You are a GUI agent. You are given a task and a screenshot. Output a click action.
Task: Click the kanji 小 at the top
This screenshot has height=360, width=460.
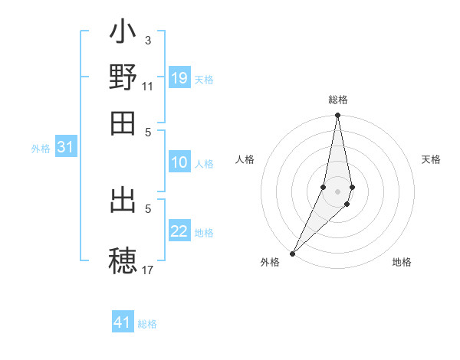pyautogui.click(x=123, y=34)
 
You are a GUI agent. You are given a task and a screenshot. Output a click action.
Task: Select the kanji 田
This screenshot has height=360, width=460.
pyautogui.click(x=123, y=122)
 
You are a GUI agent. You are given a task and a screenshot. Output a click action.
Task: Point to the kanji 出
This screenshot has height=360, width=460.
pyautogui.click(x=123, y=201)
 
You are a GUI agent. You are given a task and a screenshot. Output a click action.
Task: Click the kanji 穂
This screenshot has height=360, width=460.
pyautogui.click(x=123, y=259)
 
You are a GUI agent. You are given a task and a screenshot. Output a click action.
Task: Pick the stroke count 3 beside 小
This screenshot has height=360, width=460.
pyautogui.click(x=147, y=39)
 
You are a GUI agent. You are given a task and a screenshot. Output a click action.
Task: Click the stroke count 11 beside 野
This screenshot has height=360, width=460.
pyautogui.click(x=148, y=86)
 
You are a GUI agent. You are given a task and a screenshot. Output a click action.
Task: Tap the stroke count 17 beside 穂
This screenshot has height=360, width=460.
pyautogui.click(x=148, y=269)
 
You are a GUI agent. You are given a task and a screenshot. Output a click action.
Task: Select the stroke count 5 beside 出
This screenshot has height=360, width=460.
pyautogui.click(x=148, y=208)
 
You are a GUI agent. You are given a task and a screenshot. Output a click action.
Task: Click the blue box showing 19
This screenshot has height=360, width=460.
pyautogui.click(x=179, y=78)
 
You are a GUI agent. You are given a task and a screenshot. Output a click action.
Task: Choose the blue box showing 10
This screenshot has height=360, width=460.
pyautogui.click(x=179, y=162)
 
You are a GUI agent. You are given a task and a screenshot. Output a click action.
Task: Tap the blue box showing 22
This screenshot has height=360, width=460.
pyautogui.click(x=179, y=232)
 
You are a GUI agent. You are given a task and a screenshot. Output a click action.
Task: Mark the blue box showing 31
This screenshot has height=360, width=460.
pyautogui.click(x=65, y=148)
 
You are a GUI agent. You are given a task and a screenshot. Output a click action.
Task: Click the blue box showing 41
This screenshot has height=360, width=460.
pyautogui.click(x=123, y=322)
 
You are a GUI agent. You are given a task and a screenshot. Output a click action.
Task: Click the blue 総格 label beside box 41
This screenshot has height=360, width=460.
pyautogui.click(x=147, y=324)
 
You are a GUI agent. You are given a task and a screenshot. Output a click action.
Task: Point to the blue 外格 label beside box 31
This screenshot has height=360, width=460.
pyautogui.click(x=41, y=149)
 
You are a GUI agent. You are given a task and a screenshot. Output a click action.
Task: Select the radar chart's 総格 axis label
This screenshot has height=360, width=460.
pyautogui.click(x=337, y=100)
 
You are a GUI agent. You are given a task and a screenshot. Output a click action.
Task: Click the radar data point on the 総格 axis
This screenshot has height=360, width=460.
pyautogui.click(x=337, y=116)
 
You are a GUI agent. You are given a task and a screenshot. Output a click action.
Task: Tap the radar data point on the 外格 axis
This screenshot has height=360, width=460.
pyautogui.click(x=293, y=253)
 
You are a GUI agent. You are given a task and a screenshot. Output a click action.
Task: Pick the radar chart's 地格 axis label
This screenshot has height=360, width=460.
pyautogui.click(x=402, y=262)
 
